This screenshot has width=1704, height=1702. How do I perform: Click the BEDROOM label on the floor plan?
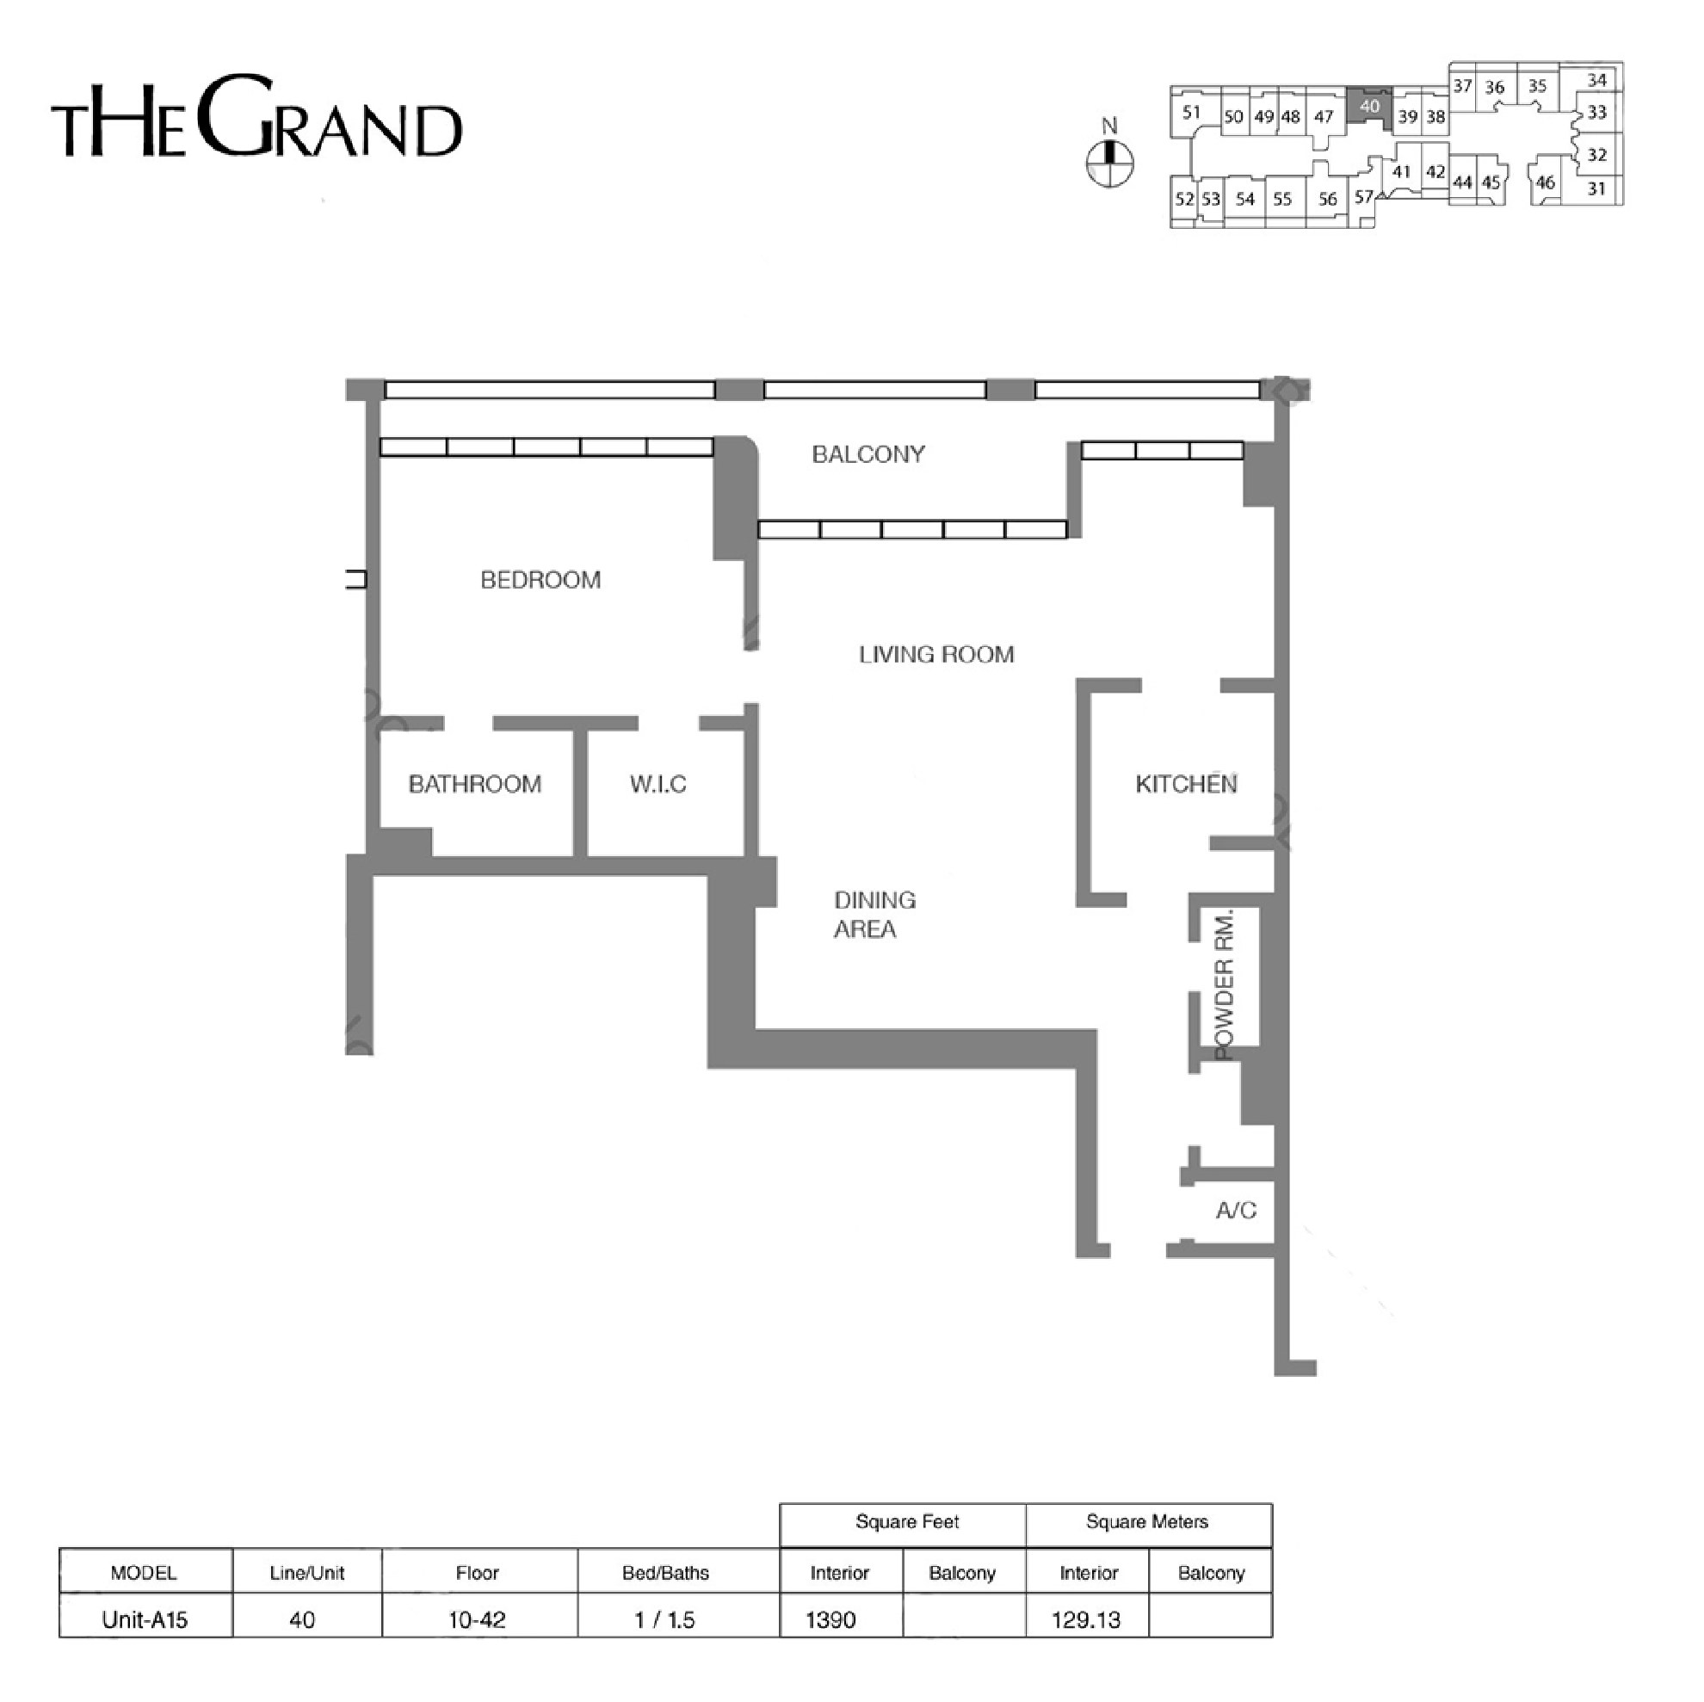tap(540, 579)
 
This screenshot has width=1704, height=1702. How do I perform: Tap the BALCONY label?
tap(868, 454)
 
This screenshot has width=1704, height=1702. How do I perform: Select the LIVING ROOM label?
tap(936, 654)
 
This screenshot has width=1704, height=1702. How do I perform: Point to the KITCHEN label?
tap(1186, 784)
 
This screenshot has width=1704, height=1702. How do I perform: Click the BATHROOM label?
tap(475, 784)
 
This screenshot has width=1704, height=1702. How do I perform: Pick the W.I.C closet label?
tap(658, 784)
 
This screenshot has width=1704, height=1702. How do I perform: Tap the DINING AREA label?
tap(875, 915)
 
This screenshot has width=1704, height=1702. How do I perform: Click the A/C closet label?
tap(1237, 1211)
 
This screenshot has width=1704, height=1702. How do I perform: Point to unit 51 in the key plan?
tap(1192, 112)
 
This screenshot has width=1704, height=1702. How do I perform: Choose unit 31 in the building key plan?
tap(1596, 188)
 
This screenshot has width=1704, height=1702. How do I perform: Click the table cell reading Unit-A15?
tap(145, 1619)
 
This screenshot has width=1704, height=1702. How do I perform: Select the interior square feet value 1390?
tap(830, 1620)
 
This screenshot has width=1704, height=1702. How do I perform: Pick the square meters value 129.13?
tap(1087, 1620)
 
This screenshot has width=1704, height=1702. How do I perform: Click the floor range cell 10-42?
tap(477, 1620)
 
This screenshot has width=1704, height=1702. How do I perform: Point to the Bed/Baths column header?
tap(666, 1573)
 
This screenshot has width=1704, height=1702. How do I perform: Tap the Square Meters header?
tap(1147, 1521)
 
